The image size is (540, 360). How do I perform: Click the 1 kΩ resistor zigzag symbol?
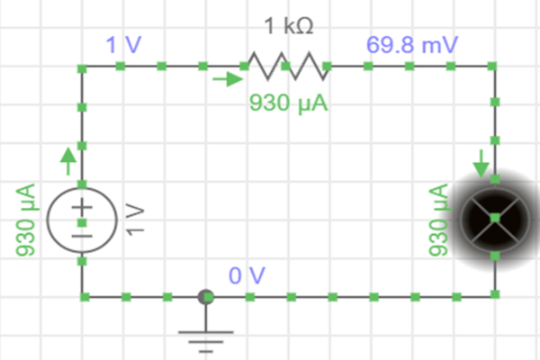point(284,66)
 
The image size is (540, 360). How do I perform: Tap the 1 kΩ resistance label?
point(289,27)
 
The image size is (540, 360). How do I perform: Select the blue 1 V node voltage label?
point(123,44)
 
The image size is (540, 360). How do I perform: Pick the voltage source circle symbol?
point(82,219)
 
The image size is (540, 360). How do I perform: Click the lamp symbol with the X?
point(494,220)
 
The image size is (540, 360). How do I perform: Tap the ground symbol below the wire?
point(206,336)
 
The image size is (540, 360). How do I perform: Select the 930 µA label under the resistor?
point(288,103)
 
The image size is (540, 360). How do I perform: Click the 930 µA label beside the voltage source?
point(26,220)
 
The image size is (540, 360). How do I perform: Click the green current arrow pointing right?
point(228,79)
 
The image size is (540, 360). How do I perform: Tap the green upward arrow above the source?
point(68,163)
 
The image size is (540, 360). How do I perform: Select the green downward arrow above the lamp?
point(481,163)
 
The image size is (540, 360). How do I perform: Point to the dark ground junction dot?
point(206,295)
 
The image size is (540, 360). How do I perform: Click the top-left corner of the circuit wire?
point(82,67)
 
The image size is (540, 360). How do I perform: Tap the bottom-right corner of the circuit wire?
point(494,295)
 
